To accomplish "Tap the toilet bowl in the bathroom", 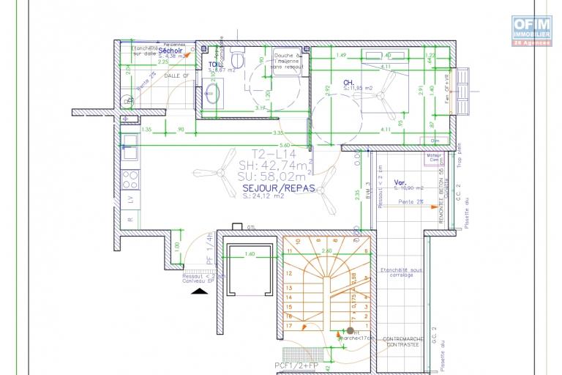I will (x=237, y=56).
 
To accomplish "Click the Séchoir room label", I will (x=170, y=51).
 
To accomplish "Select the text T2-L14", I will (x=271, y=155).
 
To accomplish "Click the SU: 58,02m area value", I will (x=272, y=177).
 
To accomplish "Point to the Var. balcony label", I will (x=400, y=182).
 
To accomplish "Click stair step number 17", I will (x=289, y=325).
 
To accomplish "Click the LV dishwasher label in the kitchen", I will (x=130, y=198).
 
